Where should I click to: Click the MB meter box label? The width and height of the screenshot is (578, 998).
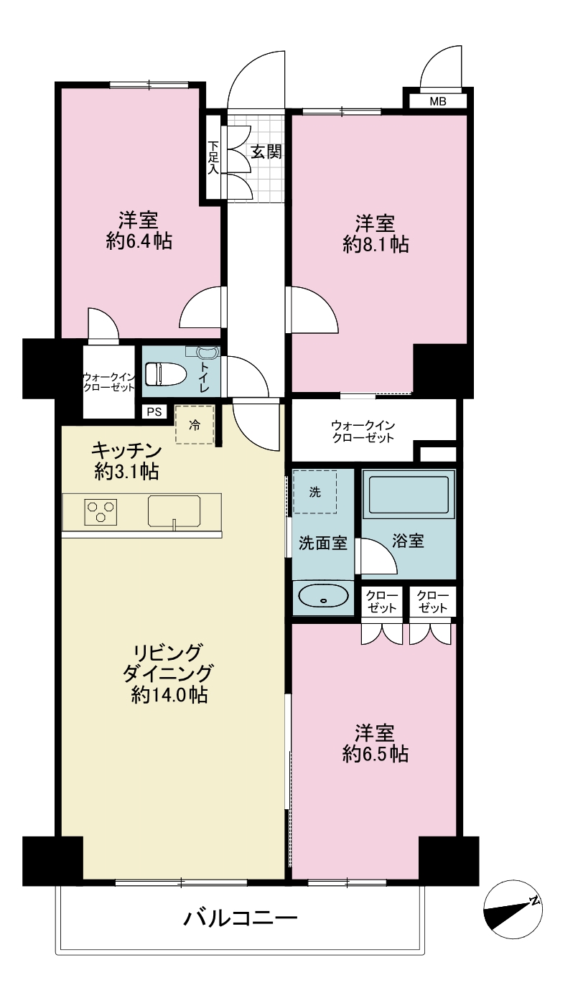click(437, 101)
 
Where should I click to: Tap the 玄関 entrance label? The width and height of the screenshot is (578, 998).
click(266, 152)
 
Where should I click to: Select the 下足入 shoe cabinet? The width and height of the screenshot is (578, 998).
click(213, 157)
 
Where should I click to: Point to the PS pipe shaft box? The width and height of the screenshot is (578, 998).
click(154, 411)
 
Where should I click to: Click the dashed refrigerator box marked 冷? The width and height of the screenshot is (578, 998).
click(195, 424)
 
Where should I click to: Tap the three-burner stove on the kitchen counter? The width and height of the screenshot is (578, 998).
click(101, 512)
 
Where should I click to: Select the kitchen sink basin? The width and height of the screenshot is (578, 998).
click(174, 510)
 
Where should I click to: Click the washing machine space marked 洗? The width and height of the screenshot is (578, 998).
click(315, 492)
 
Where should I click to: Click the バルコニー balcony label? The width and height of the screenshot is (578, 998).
click(241, 917)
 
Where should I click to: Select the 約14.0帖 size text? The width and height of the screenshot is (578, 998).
click(169, 694)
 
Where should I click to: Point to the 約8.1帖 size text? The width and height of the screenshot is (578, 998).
click(376, 244)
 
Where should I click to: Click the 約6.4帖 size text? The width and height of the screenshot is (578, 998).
click(139, 241)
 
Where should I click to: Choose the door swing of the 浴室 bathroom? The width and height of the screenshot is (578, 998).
click(378, 556)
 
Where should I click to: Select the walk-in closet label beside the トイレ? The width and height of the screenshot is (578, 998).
click(108, 382)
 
